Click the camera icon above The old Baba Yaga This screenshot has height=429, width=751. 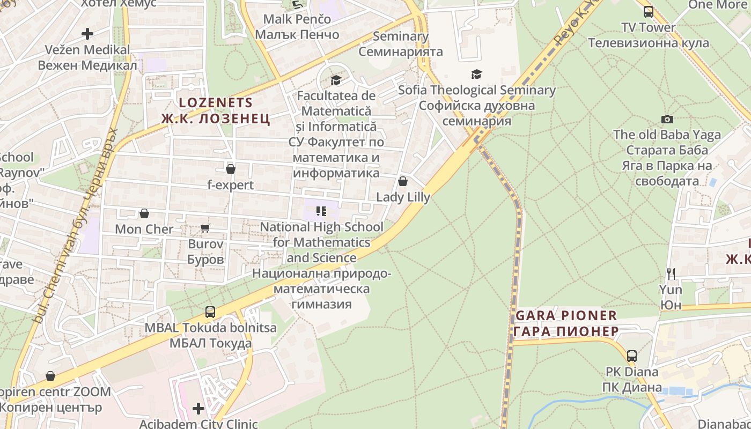coord(667,119)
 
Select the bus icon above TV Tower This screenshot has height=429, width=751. coord(649,11)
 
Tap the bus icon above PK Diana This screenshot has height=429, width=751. coord(632,356)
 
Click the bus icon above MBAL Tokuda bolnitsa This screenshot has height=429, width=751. coord(210,312)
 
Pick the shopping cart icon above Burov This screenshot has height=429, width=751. coord(205,228)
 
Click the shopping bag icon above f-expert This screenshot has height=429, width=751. coord(231,169)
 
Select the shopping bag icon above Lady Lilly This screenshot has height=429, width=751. coord(403,181)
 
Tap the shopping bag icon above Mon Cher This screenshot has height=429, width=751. coord(144,213)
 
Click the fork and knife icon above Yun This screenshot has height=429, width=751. coord(671,274)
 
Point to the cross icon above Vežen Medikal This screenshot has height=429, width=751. coord(87,34)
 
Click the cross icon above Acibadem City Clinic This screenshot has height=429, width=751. coord(198,409)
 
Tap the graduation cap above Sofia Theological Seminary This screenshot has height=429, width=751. coord(476,74)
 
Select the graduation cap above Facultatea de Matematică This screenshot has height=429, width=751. coord(336,80)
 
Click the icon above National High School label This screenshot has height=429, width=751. coord(321,211)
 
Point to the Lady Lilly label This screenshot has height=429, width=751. coord(403,197)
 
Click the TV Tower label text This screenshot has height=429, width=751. coord(649,27)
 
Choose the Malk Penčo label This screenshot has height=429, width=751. coord(297,19)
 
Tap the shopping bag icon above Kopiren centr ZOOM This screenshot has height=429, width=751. coord(50,376)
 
